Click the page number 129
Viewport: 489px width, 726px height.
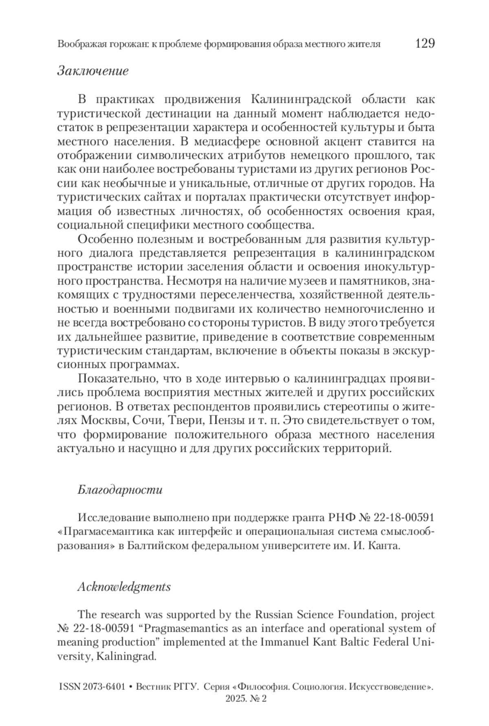coord(425,43)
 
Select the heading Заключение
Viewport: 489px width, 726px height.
coord(93,71)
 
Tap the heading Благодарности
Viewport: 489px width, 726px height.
coord(120,489)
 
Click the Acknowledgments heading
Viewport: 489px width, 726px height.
coord(124,587)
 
